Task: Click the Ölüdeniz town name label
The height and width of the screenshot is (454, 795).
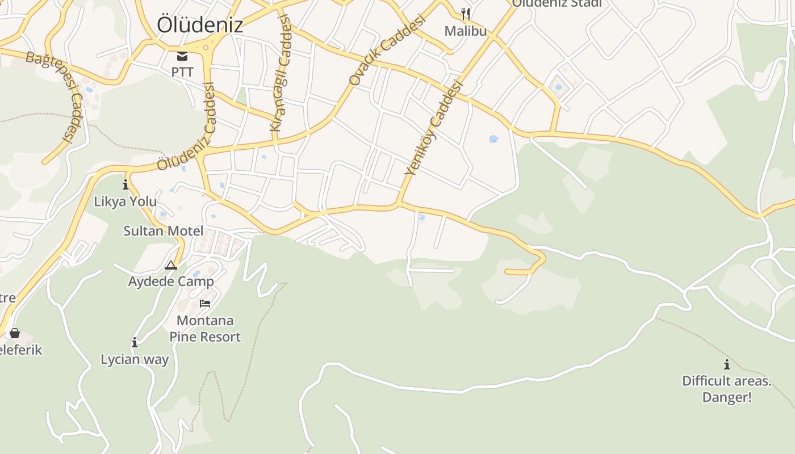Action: [200, 24]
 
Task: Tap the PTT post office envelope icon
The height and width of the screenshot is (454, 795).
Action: [182, 56]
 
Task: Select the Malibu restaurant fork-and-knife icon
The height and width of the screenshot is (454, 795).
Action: [466, 14]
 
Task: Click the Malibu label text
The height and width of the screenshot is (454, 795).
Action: [466, 31]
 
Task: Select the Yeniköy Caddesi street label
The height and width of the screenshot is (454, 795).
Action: [434, 128]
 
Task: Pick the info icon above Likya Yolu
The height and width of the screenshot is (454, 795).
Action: [125, 184]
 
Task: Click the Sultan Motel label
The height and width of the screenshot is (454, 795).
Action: [164, 231]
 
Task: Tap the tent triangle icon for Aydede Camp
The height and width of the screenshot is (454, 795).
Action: [171, 265]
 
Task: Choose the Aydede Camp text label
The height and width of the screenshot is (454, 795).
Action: [171, 281]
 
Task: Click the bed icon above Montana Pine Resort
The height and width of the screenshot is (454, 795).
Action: [205, 304]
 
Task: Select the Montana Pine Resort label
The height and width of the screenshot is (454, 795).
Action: [205, 329]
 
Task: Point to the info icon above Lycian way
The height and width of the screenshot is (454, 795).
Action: [135, 342]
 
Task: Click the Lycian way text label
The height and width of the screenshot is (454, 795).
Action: [135, 359]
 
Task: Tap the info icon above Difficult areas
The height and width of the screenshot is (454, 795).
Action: [726, 364]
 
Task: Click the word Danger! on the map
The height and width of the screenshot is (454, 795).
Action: [727, 397]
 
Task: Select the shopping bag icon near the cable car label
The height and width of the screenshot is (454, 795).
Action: [15, 333]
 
